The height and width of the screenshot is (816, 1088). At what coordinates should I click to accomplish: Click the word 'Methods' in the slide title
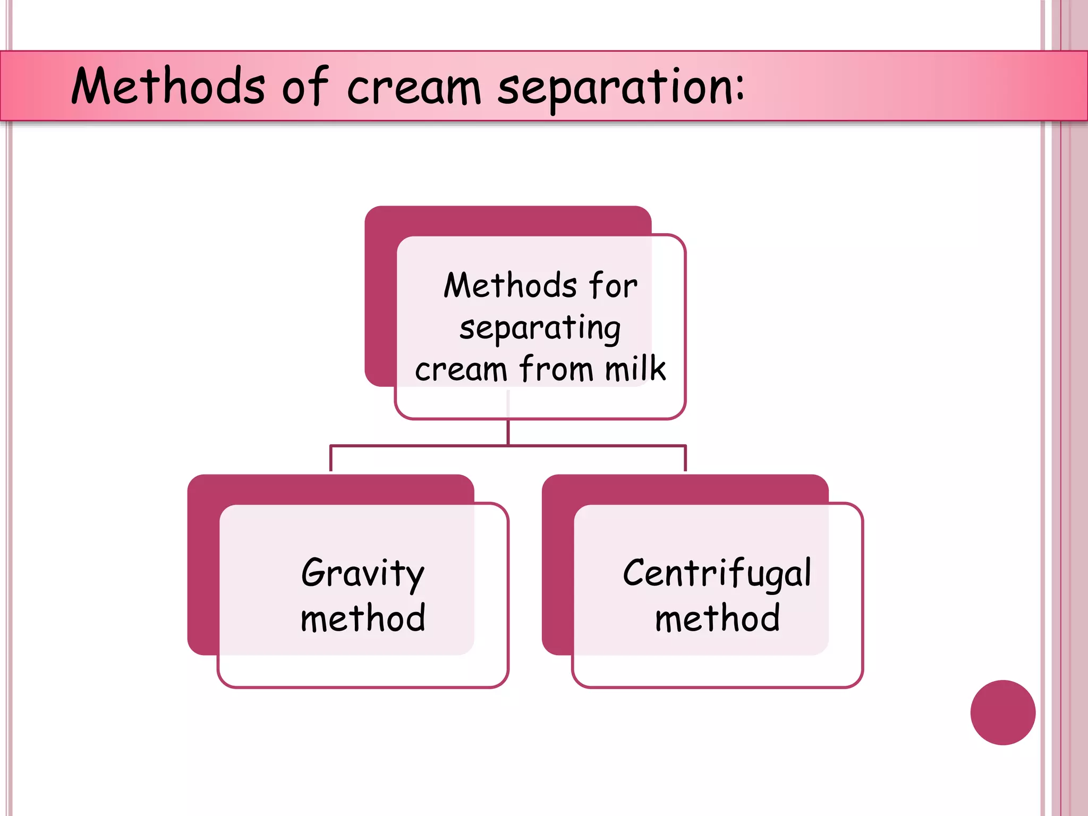coord(168,86)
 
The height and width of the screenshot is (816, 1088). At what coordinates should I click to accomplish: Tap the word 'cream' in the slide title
coord(414,88)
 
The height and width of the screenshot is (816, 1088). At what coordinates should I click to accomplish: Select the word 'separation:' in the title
coord(620,88)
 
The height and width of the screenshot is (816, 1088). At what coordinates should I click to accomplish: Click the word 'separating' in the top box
coord(540,329)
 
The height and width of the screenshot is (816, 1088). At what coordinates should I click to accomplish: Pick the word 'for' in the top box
coord(613,285)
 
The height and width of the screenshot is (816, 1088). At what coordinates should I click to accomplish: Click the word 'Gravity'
coord(363,574)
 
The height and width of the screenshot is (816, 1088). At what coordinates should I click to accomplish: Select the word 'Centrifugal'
coord(717,574)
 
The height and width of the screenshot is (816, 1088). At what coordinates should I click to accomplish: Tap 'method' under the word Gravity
coord(363,618)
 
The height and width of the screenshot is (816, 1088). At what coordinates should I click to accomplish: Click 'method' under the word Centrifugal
coord(717,618)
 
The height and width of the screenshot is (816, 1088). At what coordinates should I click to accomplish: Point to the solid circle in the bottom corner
coord(1002,712)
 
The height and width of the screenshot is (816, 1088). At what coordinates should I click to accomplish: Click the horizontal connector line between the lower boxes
coord(425,446)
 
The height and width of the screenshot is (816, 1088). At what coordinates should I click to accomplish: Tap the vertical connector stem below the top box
coord(508,431)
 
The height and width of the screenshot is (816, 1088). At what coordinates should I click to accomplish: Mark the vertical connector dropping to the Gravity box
coord(331,458)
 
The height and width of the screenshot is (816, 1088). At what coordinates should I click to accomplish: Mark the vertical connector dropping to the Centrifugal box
coord(685,458)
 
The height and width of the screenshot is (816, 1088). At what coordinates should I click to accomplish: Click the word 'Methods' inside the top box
coord(510,285)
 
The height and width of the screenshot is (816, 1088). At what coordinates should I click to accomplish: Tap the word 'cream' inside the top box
coord(461,369)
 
